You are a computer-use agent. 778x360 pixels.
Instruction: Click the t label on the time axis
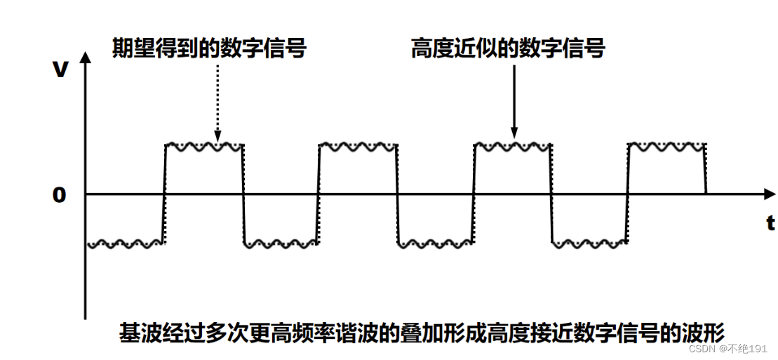point(770,224)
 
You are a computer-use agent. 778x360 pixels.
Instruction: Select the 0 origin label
point(59,195)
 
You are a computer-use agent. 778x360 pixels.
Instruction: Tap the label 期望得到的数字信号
point(210,49)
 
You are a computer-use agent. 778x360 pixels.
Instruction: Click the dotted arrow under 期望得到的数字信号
point(217,102)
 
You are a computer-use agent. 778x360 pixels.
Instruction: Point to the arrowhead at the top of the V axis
point(85,56)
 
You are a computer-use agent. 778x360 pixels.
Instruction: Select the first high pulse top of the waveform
point(203,147)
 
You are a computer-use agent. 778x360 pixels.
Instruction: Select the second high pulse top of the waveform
point(358,147)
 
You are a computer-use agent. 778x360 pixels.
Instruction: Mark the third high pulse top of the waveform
point(513,147)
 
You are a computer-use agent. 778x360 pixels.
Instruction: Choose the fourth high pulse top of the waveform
point(666,147)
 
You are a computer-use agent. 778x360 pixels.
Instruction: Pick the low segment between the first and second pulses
point(281,244)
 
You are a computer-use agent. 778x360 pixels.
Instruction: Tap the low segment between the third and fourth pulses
point(590,244)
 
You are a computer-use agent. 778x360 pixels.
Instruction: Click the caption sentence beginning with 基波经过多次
point(421,332)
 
